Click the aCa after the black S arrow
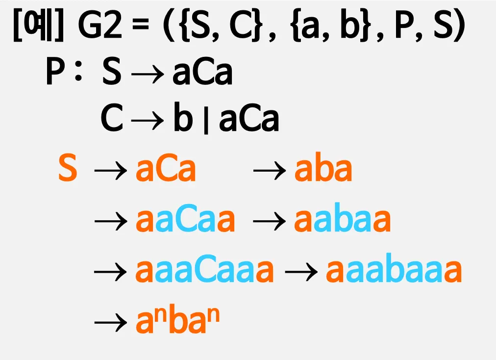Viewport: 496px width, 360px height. pos(202,73)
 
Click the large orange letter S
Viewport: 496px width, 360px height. pos(68,169)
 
